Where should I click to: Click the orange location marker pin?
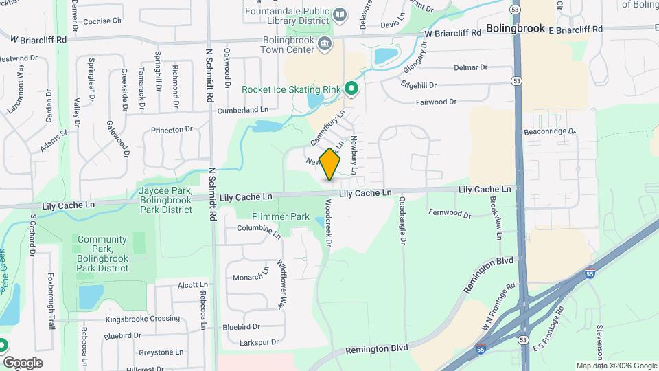point(330,164)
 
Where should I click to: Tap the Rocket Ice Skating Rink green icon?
point(351,88)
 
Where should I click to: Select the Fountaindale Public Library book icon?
point(339,14)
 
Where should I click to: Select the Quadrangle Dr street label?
point(402,220)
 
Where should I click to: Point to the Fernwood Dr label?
point(449,214)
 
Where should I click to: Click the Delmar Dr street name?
point(470,67)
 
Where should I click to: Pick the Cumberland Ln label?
point(242,110)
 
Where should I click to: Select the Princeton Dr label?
point(172,129)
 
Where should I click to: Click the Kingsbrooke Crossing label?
point(142,319)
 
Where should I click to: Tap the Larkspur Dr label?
point(255,341)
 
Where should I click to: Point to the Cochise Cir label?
point(102,21)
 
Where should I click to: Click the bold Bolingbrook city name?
point(515,29)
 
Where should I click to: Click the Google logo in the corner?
point(23,363)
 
